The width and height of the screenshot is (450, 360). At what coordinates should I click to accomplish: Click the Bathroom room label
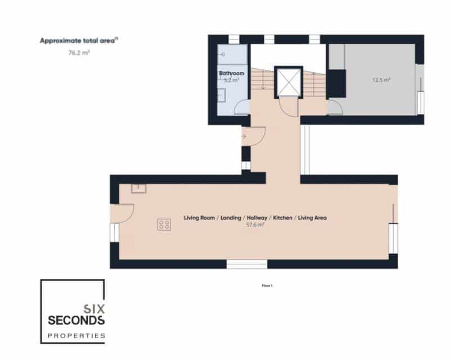tap(232, 73)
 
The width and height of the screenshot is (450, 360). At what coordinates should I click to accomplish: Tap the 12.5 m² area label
tap(381, 80)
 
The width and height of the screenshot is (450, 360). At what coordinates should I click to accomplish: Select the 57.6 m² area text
tap(255, 225)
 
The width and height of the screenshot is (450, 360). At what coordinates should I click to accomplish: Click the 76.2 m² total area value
tap(79, 53)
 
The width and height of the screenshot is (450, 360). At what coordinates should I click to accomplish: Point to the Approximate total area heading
tap(79, 41)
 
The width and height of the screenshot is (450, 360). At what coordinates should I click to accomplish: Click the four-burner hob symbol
tap(164, 225)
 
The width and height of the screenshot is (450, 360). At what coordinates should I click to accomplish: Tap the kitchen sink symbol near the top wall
tap(138, 189)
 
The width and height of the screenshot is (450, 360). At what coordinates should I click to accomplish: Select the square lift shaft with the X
tap(289, 82)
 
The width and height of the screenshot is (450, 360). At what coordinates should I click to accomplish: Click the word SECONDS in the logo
tap(76, 320)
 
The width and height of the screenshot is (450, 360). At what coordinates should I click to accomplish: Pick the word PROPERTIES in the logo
tap(76, 335)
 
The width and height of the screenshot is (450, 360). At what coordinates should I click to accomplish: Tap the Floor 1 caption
tap(267, 286)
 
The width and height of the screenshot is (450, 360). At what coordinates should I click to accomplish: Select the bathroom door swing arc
tap(242, 107)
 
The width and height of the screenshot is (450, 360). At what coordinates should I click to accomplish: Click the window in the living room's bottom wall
tap(247, 264)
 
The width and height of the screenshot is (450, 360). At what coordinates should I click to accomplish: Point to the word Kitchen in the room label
tap(283, 218)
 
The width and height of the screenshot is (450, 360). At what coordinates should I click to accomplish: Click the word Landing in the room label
tap(231, 218)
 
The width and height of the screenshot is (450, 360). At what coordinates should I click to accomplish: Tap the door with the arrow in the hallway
tap(252, 136)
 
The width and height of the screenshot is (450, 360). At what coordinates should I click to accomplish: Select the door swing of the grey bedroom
tap(335, 107)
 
